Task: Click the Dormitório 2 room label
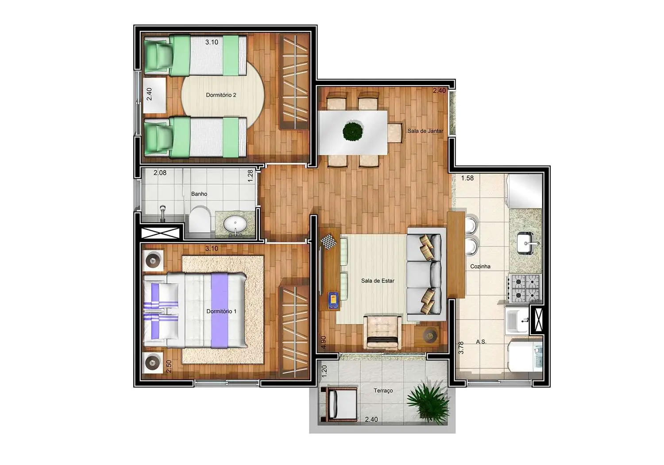(221, 95)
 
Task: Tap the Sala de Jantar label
(425, 131)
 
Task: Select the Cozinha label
(480, 267)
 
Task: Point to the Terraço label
(383, 391)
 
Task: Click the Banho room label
(199, 194)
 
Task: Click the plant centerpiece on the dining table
(353, 131)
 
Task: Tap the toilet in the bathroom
(201, 218)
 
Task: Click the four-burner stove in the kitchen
(525, 288)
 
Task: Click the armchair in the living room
(383, 332)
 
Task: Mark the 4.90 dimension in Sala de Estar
(324, 342)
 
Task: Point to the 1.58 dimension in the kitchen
(467, 178)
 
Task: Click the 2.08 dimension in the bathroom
(160, 173)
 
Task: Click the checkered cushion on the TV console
(328, 242)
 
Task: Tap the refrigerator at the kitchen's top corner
(525, 191)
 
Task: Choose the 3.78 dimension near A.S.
(461, 347)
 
